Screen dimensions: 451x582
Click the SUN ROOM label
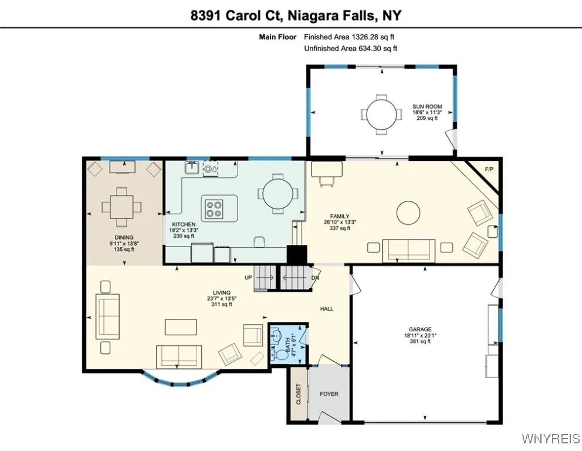pyautogui.click(x=427, y=107)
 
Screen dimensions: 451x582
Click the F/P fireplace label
pyautogui.click(x=489, y=170)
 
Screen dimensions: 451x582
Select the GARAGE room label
pyautogui.click(x=420, y=329)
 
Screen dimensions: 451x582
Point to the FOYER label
pyautogui.click(x=329, y=394)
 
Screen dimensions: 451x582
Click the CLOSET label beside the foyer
pyautogui.click(x=298, y=394)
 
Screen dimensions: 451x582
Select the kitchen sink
pyautogui.click(x=191, y=169)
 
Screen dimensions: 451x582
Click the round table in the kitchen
pyautogui.click(x=280, y=194)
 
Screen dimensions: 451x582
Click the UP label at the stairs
pyautogui.click(x=249, y=277)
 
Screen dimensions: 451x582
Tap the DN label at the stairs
pyautogui.click(x=315, y=278)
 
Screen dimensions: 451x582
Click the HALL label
pyautogui.click(x=327, y=309)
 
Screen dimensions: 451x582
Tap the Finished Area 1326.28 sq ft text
pyautogui.click(x=349, y=37)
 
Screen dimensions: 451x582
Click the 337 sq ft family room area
pyautogui.click(x=340, y=228)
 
